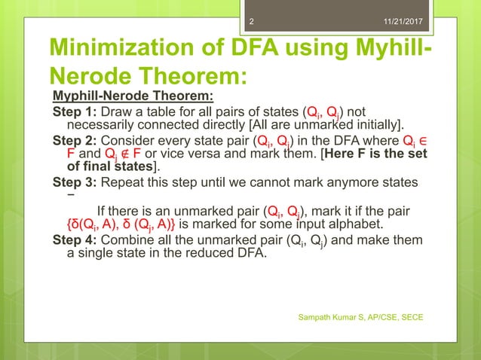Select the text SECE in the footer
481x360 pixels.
click(410, 317)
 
